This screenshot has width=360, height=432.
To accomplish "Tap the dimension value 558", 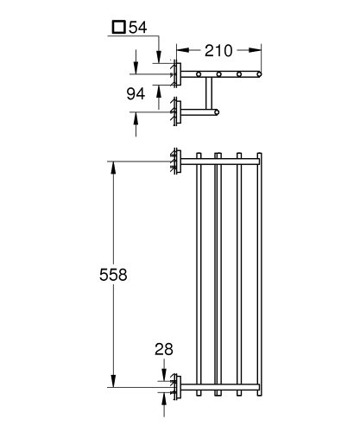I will click(x=112, y=275).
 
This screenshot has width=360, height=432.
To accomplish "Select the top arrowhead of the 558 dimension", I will click(x=112, y=166).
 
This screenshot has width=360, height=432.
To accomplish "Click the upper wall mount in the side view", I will click(x=176, y=74).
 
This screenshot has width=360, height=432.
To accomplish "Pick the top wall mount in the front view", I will click(x=176, y=161).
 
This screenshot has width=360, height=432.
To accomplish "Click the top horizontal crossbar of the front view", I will click(x=219, y=161).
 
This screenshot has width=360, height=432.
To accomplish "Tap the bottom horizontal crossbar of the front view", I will click(x=219, y=382).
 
